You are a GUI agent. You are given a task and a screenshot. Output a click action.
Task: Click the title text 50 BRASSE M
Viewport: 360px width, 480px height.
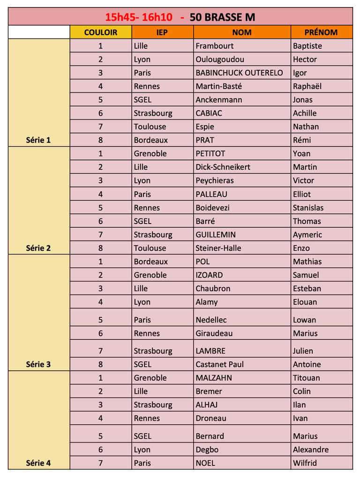pyautogui.click(x=223, y=17)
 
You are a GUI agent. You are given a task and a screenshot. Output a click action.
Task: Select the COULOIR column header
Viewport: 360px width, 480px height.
pyautogui.click(x=101, y=32)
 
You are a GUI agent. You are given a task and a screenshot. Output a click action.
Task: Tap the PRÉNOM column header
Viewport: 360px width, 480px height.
pyautogui.click(x=321, y=32)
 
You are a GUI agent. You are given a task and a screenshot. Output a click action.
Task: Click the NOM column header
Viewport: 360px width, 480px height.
pyautogui.click(x=242, y=32)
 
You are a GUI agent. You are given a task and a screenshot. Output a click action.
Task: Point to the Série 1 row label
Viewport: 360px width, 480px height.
pyautogui.click(x=38, y=140)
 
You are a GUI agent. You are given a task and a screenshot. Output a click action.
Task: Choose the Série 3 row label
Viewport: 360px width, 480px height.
pyautogui.click(x=38, y=364)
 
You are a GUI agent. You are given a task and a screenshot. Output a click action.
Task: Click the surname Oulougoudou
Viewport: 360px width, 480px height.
pyautogui.click(x=220, y=60)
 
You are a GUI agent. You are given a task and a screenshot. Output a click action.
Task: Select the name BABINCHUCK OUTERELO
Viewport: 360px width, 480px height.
pyautogui.click(x=239, y=73)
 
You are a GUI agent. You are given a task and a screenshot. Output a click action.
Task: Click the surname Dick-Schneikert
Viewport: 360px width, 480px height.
pyautogui.click(x=223, y=167)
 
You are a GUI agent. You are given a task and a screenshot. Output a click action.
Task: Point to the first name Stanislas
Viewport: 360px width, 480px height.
pyautogui.click(x=308, y=208)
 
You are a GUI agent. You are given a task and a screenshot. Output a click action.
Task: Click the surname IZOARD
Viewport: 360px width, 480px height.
pyautogui.click(x=209, y=275)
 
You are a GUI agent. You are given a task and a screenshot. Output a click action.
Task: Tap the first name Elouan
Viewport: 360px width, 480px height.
pyautogui.click(x=305, y=302)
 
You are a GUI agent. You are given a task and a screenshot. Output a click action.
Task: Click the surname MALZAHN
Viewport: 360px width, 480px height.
pyautogui.click(x=214, y=378)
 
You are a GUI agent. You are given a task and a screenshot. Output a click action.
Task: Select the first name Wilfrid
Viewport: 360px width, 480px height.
pyautogui.click(x=305, y=463)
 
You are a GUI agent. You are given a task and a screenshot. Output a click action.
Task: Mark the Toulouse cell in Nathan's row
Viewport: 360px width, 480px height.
pyautogui.click(x=150, y=127)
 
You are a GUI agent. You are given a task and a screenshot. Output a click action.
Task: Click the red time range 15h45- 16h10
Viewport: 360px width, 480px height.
pyautogui.click(x=139, y=17)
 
